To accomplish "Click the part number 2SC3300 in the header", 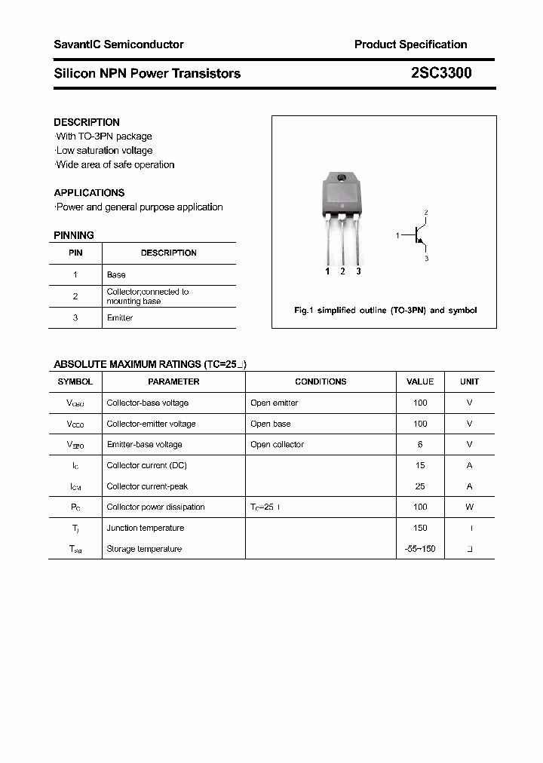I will point(441,73).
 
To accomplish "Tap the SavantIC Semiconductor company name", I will point(118,44).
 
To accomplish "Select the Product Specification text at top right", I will point(410,44).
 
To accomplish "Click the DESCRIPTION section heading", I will point(87,122).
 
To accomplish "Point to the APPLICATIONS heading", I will point(89,193).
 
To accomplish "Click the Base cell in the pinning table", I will point(116,275).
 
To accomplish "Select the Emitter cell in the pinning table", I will point(120,318).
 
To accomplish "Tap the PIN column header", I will point(75,253).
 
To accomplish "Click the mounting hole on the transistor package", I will point(342,179).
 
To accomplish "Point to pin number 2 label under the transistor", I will point(342,271).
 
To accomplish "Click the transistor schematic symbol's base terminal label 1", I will point(397,236).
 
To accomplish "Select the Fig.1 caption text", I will point(385,311).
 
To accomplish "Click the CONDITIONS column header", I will point(321,382).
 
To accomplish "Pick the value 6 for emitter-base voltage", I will point(420,445).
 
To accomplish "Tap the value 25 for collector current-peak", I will point(420,486).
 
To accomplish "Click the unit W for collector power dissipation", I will point(469,507).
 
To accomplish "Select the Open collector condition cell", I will point(277,445).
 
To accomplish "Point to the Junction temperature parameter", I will point(145,529).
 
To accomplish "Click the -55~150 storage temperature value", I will point(420,549).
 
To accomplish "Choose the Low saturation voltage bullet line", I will point(103,151).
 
